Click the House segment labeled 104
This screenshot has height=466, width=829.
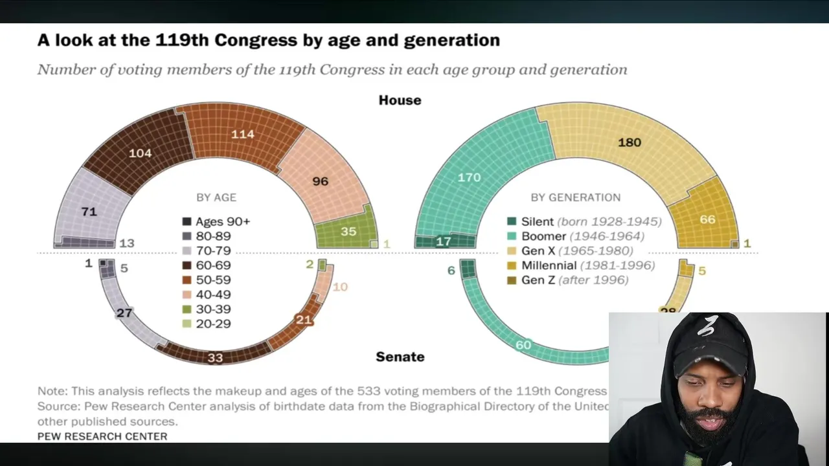coord(141,153)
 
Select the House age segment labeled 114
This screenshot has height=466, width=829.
coord(242,134)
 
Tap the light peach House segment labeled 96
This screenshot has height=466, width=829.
coord(320,181)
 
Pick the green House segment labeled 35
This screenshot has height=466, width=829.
coord(348,231)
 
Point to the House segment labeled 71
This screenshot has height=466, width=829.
coord(89,211)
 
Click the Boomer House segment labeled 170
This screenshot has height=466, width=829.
coord(469,176)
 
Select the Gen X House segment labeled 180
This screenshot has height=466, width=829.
coord(629,142)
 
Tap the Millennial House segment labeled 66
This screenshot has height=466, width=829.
coord(707,219)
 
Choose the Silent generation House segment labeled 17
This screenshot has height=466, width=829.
coord(444,242)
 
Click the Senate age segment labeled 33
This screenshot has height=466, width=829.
coord(215,357)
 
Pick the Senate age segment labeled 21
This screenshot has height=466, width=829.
coord(303,320)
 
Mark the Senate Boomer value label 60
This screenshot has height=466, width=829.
coord(523,345)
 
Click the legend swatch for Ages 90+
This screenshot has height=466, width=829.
coord(187,221)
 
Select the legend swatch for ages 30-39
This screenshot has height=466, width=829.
coord(187,309)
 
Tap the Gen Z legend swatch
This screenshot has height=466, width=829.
coord(512,280)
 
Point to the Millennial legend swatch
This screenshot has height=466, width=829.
coord(512,265)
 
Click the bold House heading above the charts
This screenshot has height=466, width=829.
coord(400,100)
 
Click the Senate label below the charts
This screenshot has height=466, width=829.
coord(400,357)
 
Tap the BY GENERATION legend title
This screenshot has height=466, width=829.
coord(575,197)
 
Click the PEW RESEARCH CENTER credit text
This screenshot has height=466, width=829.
coord(102,436)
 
